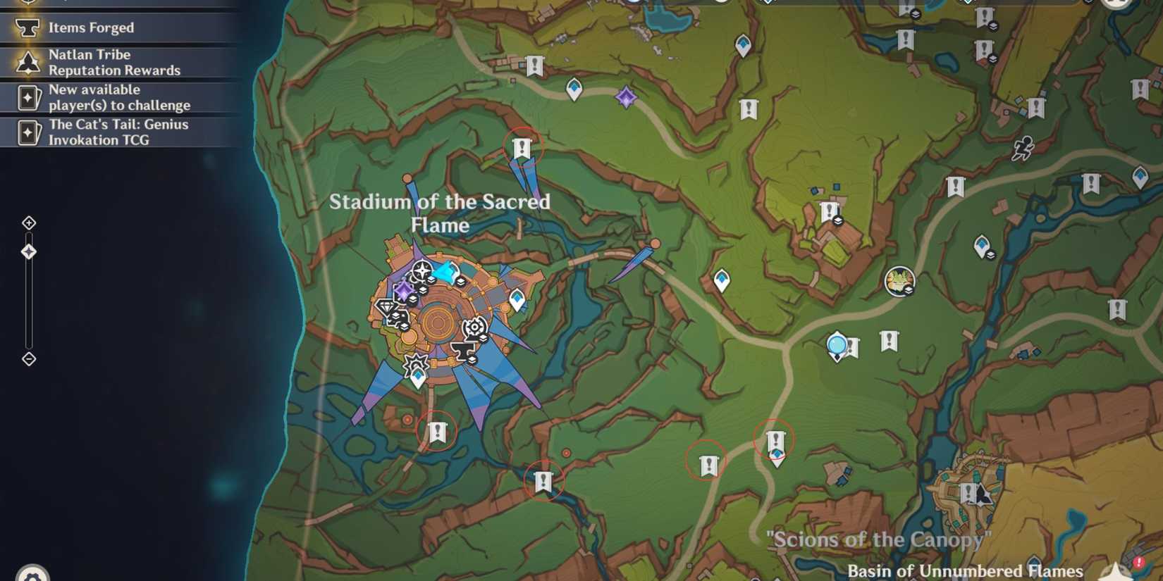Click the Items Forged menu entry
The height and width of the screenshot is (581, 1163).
[x=91, y=28]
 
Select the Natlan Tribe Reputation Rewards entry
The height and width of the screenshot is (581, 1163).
[x=114, y=63]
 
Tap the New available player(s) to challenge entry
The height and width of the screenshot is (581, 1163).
[x=119, y=97]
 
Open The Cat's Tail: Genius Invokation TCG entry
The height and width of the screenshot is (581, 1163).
[x=118, y=132]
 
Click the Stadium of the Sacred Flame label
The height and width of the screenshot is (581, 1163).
[x=440, y=213]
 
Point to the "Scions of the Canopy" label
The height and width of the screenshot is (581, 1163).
[x=878, y=540]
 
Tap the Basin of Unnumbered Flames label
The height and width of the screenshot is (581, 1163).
[x=964, y=570]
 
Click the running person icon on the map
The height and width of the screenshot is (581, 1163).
[x=1023, y=148]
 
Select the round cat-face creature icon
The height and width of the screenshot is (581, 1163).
[x=899, y=281]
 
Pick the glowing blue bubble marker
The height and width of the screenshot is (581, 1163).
[x=837, y=345]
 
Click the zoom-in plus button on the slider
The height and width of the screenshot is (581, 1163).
[x=29, y=223]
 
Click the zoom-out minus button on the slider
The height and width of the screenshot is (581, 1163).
[x=29, y=359]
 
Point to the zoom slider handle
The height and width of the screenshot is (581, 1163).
[x=29, y=251]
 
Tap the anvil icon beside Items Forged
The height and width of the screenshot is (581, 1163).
[x=27, y=28]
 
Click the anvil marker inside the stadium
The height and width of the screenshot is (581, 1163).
[x=462, y=351]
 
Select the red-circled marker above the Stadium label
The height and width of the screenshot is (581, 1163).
[x=522, y=148]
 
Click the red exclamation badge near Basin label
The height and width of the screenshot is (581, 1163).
[x=1138, y=563]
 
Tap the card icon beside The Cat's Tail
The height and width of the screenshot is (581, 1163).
[x=28, y=132]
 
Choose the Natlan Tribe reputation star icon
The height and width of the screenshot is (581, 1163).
[x=28, y=63]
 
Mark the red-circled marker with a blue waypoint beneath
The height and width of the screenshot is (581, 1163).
[x=775, y=442]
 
